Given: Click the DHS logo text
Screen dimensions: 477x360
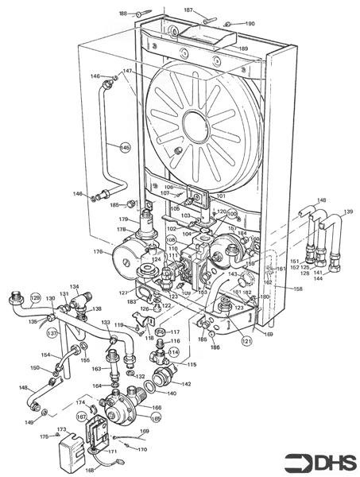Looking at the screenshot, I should click(x=333, y=460).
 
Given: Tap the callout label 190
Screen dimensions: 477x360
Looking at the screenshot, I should click(x=250, y=24).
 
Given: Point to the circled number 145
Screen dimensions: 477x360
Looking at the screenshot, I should click(x=125, y=147).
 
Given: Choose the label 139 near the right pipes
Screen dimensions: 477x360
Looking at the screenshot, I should click(x=348, y=212).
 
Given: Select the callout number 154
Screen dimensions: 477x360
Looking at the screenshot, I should click(x=46, y=355).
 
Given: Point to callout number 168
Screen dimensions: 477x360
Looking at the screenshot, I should click(x=89, y=470).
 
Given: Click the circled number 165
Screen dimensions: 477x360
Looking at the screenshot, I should click(x=156, y=417).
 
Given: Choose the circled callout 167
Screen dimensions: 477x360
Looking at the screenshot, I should click(x=81, y=416).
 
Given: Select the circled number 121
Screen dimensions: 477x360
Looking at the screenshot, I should click(x=246, y=340).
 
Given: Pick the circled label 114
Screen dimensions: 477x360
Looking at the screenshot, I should click(x=174, y=352).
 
